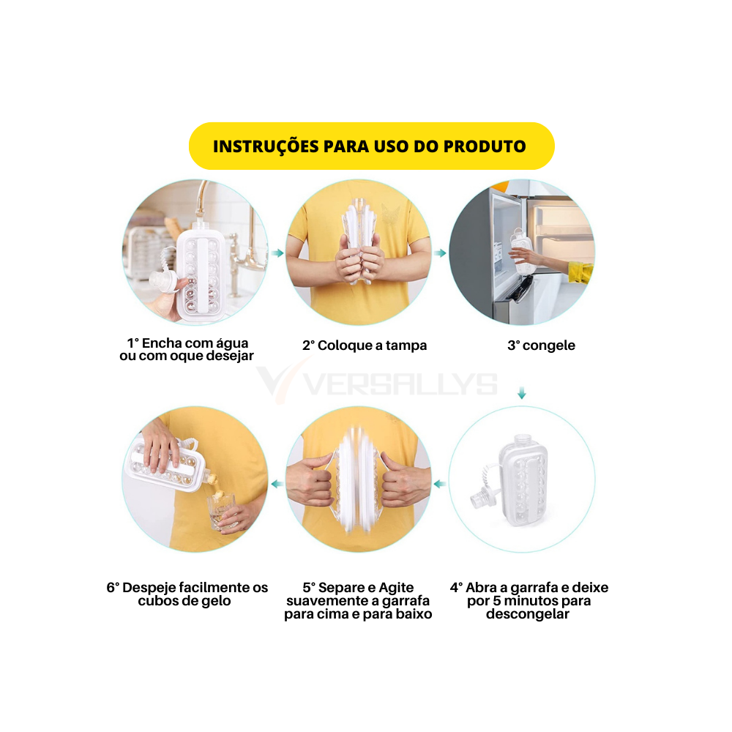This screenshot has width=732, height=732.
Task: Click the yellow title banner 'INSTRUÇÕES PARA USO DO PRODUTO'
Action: pos(372,146)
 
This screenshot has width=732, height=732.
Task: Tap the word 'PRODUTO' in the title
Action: pos(485,146)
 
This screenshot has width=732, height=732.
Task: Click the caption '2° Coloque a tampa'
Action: pos(365,346)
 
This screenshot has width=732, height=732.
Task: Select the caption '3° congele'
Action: pos(541,346)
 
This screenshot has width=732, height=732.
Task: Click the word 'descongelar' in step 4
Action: pos(528,614)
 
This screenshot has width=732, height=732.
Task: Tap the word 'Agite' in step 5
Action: pos(396,588)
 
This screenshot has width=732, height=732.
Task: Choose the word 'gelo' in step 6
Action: pos(216,601)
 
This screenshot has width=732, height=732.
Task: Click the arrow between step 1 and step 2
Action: pos(277,253)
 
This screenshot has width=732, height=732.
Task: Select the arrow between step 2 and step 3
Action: pos(440,253)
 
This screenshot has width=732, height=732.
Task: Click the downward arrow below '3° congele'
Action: pos(522,392)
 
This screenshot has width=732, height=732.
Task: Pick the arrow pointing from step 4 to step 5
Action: pos(440,484)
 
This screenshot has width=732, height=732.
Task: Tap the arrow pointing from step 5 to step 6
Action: pos(277,484)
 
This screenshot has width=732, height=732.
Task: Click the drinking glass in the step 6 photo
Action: pos(221,511)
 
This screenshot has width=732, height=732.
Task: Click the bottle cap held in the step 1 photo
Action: pos(163,280)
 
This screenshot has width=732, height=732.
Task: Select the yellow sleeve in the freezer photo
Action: pos(580,272)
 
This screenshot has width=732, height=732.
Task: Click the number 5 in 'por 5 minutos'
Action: pos(497,601)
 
